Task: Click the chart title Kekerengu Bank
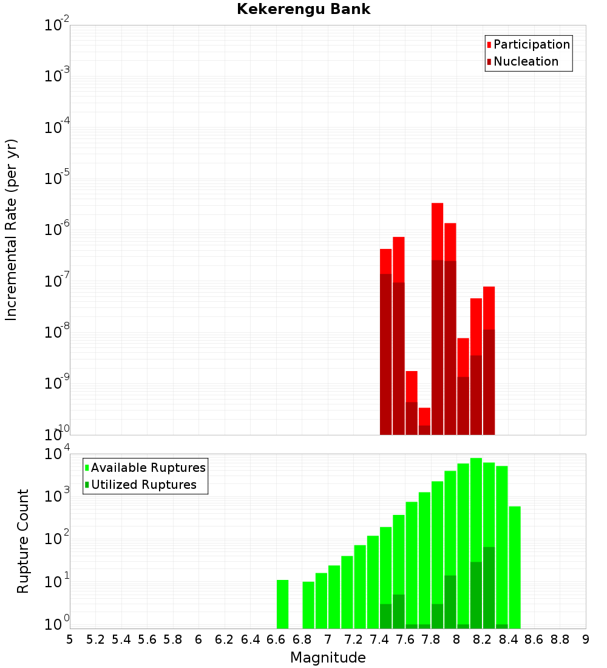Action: point(303,10)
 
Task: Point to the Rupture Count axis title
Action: point(23,541)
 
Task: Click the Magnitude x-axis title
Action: point(328,658)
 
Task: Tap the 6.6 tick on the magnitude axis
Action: point(276,639)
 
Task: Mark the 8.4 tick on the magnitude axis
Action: point(509,639)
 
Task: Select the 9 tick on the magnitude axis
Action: point(586,639)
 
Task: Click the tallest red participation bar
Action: point(437,231)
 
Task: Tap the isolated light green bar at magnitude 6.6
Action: point(282,604)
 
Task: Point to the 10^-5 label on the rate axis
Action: point(57,179)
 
